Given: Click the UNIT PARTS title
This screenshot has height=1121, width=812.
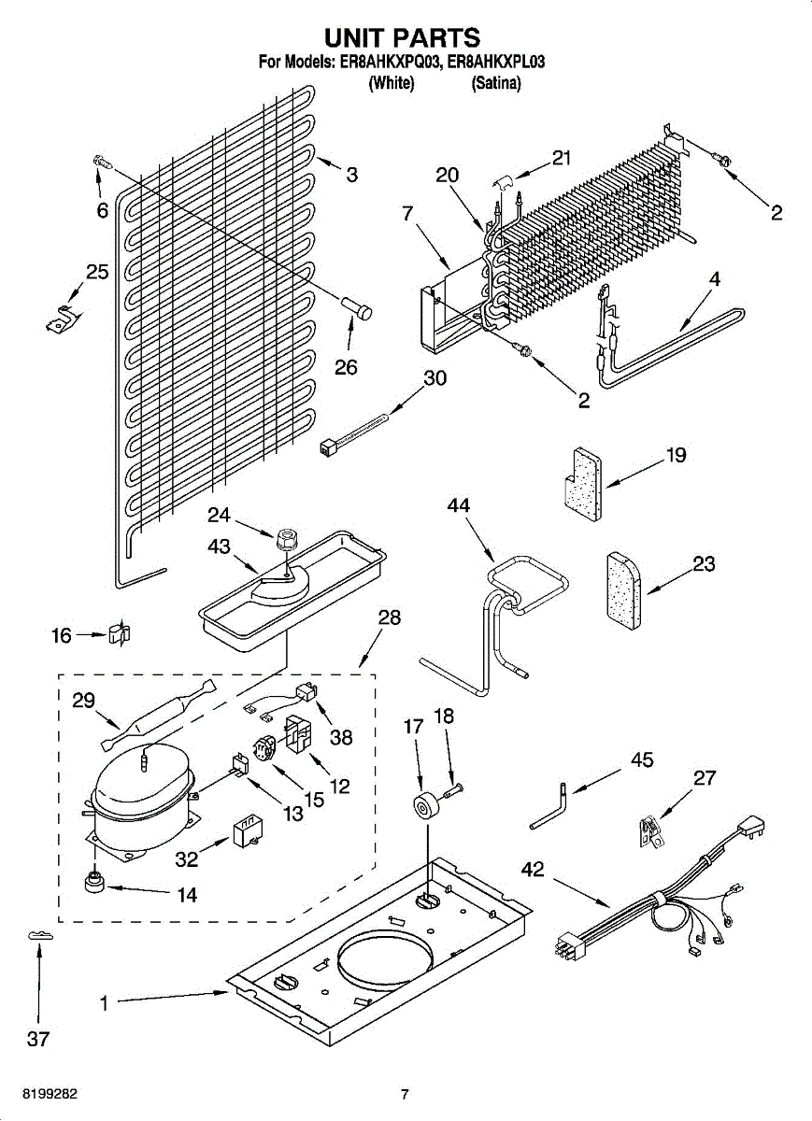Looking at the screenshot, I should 402,37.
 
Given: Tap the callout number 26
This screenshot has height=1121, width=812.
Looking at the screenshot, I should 346,367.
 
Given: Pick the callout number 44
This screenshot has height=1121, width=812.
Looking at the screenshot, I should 458,505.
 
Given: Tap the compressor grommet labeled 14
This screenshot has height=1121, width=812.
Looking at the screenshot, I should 94,881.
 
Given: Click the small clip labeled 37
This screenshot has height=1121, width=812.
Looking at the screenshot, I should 40,935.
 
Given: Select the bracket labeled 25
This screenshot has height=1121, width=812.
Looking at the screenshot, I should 63,318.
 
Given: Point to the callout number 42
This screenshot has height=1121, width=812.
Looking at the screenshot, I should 533,869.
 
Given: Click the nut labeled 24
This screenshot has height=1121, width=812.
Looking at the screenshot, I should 286,539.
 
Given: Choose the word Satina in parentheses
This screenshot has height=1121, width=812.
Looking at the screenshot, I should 496,83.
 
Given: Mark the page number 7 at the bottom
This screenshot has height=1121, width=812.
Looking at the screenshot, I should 405,1094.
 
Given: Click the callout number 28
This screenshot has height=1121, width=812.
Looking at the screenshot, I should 390,617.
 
